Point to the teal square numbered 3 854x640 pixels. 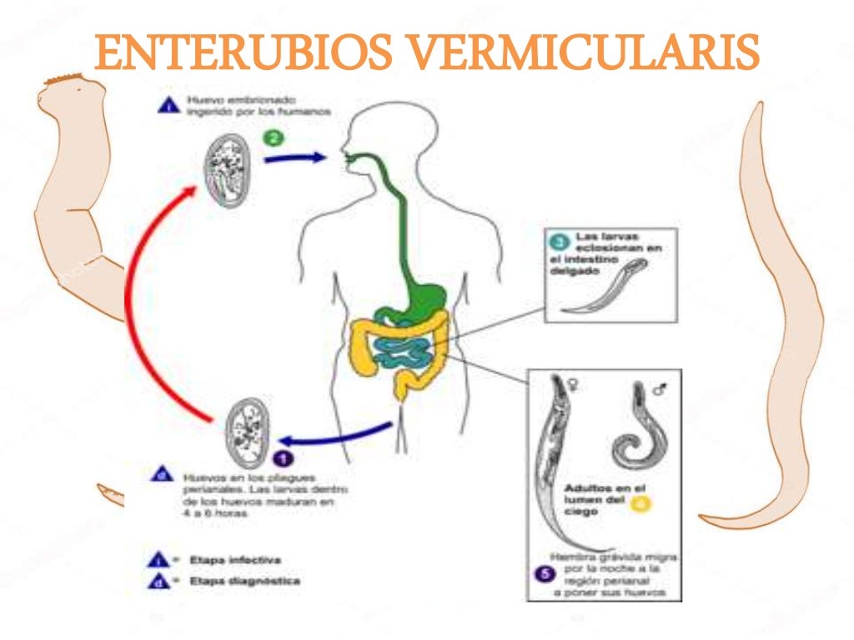(560, 242)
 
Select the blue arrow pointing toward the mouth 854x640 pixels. (296, 157)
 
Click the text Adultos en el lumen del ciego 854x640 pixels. (595, 498)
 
